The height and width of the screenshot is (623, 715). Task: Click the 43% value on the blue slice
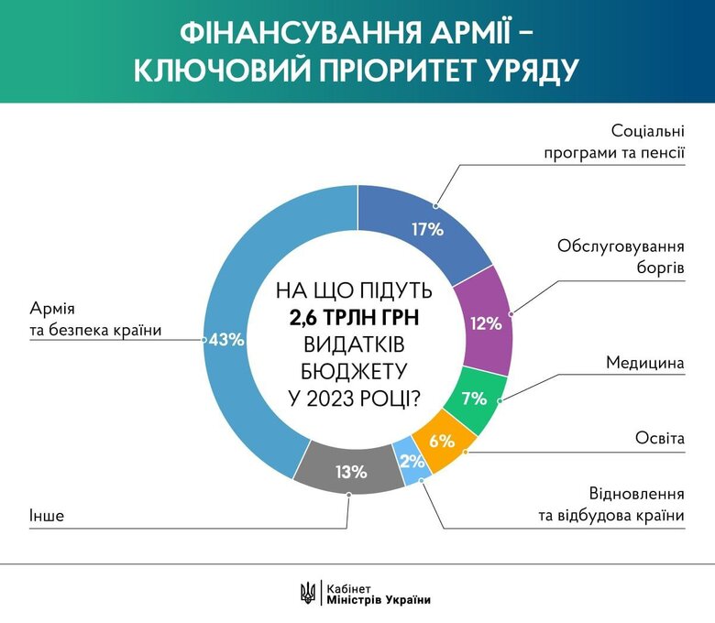pyautogui.click(x=227, y=340)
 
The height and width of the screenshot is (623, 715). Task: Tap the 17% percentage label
pyautogui.click(x=428, y=230)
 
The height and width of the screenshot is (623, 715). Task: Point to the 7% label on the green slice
pyautogui.click(x=474, y=399)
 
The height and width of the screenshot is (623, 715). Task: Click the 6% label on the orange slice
pyautogui.click(x=442, y=441)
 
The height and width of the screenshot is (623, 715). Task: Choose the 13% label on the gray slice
pyautogui.click(x=351, y=473)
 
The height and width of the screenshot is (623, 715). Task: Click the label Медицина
pyautogui.click(x=645, y=363)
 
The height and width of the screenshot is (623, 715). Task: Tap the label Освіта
pyautogui.click(x=660, y=439)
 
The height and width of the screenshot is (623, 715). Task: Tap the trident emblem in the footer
pyautogui.click(x=308, y=593)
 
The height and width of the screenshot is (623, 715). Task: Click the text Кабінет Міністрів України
pyautogui.click(x=378, y=593)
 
